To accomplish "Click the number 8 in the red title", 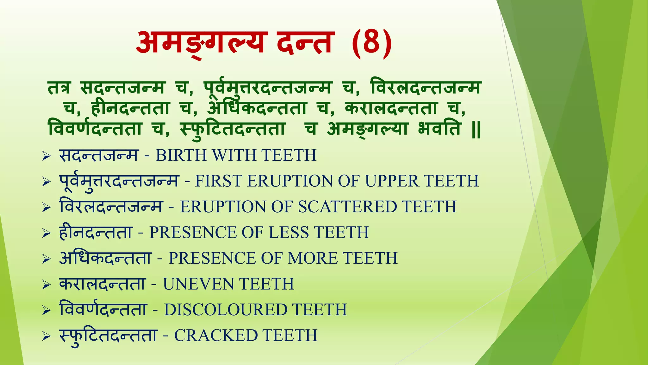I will click(371, 43).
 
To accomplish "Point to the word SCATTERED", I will click(347, 207).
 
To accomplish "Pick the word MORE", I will click(313, 258).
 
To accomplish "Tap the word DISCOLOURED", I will click(225, 310).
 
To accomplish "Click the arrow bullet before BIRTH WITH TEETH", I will click(46, 156).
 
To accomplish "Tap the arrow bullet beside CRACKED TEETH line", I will click(46, 336).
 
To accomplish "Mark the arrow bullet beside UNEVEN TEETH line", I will click(46, 285).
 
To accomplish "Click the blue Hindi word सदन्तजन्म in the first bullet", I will click(99, 155).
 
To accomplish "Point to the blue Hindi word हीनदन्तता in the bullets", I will click(96, 233).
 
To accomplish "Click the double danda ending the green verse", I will click(476, 130).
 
